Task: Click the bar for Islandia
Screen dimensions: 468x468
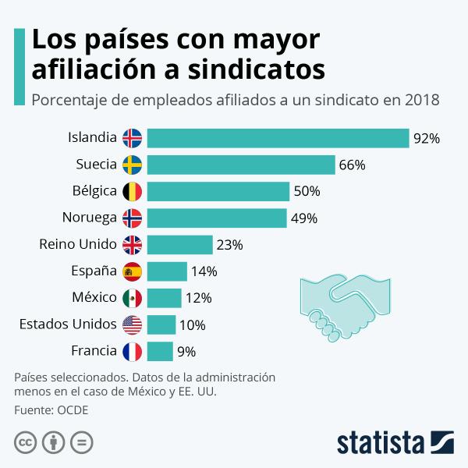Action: click(278, 138)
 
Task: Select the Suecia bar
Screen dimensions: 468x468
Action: click(241, 165)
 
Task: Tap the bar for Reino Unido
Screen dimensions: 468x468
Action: click(179, 245)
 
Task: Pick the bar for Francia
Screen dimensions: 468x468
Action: click(160, 351)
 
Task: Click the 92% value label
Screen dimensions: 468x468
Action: click(427, 139)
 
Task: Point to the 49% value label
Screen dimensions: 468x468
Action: click(303, 218)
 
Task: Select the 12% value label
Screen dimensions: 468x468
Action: click(198, 298)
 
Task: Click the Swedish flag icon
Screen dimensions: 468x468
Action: click(133, 165)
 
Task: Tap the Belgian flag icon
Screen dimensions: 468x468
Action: click(133, 191)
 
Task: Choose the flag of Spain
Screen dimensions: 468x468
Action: click(133, 271)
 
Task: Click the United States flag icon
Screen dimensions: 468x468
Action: click(133, 324)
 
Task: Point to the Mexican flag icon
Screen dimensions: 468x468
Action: click(133, 298)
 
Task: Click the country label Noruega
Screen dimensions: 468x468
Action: click(89, 218)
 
